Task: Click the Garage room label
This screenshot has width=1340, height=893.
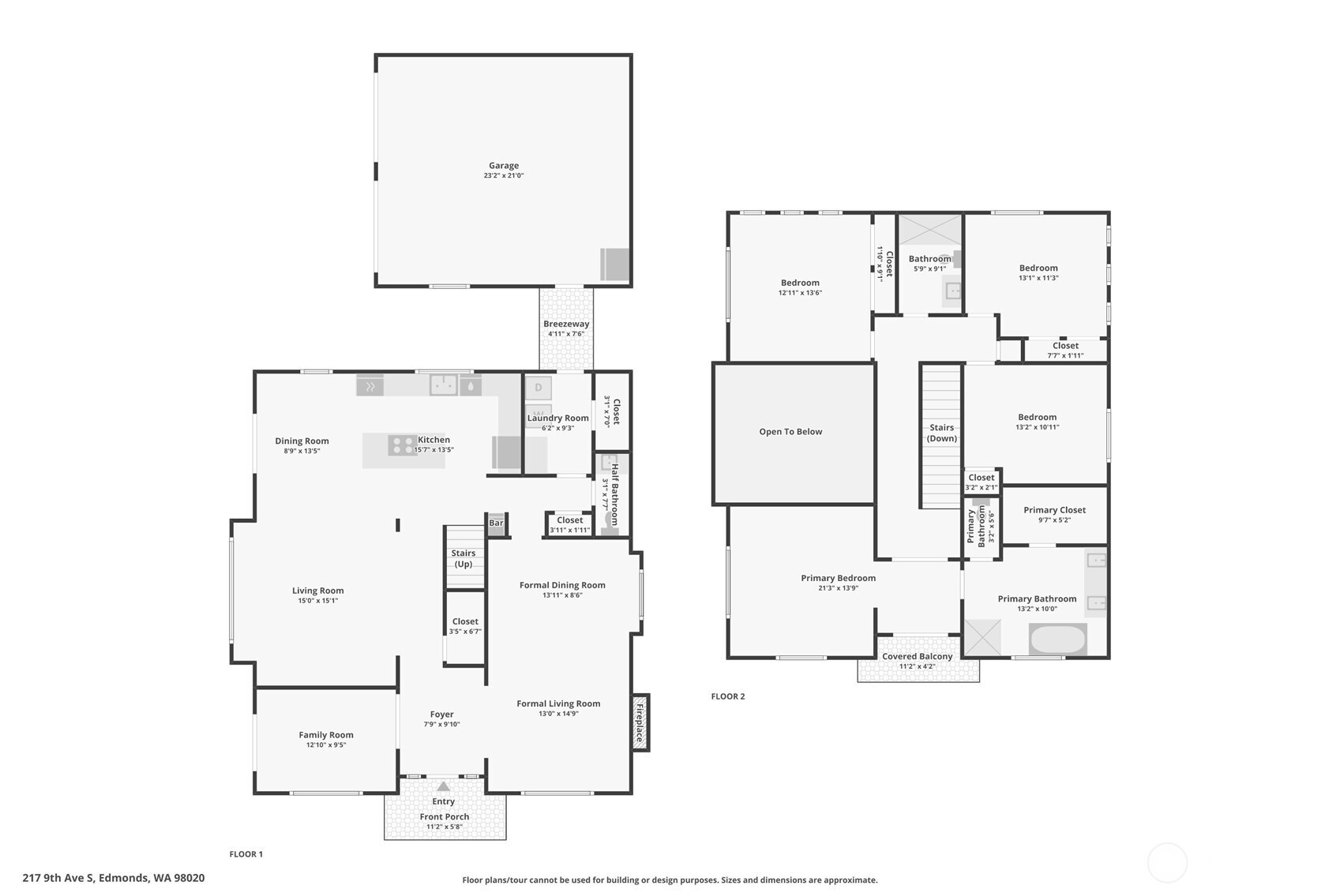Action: click(x=504, y=166)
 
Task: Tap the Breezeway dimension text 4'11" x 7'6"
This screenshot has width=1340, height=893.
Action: click(x=566, y=334)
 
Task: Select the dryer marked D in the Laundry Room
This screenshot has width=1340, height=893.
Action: click(x=539, y=388)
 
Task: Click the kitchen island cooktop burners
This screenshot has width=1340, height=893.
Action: click(x=402, y=445)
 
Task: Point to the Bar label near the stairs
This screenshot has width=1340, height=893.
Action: click(x=496, y=523)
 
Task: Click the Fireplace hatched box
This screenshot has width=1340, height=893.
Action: click(x=640, y=722)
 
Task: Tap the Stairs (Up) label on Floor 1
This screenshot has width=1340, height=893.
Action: click(x=464, y=559)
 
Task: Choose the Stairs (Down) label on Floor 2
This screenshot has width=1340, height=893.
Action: click(x=941, y=433)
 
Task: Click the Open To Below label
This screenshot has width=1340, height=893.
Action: click(x=791, y=432)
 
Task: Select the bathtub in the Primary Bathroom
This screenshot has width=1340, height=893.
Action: click(x=1057, y=640)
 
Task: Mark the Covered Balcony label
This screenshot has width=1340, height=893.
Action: click(x=917, y=657)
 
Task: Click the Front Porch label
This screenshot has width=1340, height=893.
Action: click(x=445, y=817)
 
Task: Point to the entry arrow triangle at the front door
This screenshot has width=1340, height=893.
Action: click(x=443, y=786)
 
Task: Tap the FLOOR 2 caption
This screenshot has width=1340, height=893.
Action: click(x=728, y=696)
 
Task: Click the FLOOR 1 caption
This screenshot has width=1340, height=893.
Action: click(x=246, y=854)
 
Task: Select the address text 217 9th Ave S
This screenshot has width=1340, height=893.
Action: click(x=58, y=878)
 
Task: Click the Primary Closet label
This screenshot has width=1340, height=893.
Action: click(x=1055, y=510)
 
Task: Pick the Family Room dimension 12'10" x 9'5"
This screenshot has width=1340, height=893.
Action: click(x=326, y=745)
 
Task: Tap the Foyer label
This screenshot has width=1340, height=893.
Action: click(x=442, y=714)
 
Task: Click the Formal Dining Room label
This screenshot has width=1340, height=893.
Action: click(x=562, y=585)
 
